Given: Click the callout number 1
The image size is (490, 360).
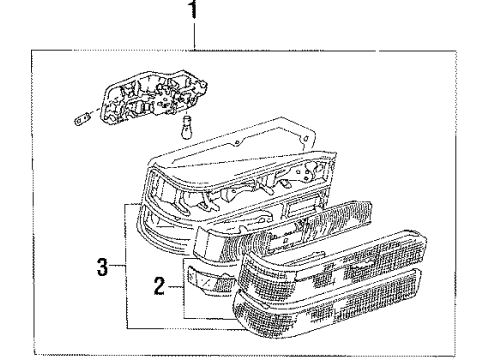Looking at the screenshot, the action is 194,9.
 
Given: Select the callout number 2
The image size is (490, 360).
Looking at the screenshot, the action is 159,286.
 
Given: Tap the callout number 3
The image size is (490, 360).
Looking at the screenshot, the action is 103,267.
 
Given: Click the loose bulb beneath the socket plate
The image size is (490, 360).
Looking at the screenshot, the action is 187,127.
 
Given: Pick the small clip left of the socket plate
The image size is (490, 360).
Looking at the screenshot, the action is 82,119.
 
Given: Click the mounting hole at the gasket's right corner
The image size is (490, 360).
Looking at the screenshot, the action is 304,138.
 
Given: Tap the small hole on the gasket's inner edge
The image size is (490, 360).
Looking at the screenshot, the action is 236,143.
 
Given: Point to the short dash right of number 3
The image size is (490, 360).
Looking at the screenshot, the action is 118,266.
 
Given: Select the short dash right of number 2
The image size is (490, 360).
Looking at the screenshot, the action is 175,286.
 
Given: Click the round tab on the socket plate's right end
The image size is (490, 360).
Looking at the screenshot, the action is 204,84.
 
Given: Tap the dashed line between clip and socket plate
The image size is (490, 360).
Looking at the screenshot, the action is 95,112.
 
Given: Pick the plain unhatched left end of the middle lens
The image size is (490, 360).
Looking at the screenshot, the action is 206,242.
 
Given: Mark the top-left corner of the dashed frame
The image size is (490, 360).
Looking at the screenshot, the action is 32,51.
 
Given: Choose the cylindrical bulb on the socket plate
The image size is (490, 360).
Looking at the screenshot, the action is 142,108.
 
